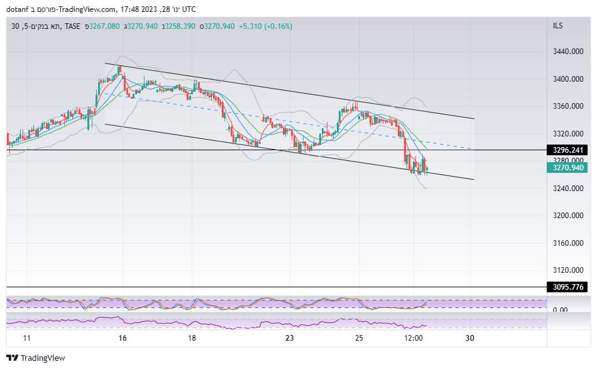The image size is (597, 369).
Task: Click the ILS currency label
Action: click(557, 26)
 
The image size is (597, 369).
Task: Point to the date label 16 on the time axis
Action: click(123, 338)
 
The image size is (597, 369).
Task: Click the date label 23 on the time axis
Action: click(289, 338)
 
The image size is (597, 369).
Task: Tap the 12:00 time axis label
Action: click(413, 338)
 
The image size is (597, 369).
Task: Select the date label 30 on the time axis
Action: click(469, 338)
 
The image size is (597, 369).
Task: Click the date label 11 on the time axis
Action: click(26, 338)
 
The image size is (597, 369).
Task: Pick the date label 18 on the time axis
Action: click(192, 338)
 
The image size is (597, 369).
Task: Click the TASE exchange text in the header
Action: click(73, 26)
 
